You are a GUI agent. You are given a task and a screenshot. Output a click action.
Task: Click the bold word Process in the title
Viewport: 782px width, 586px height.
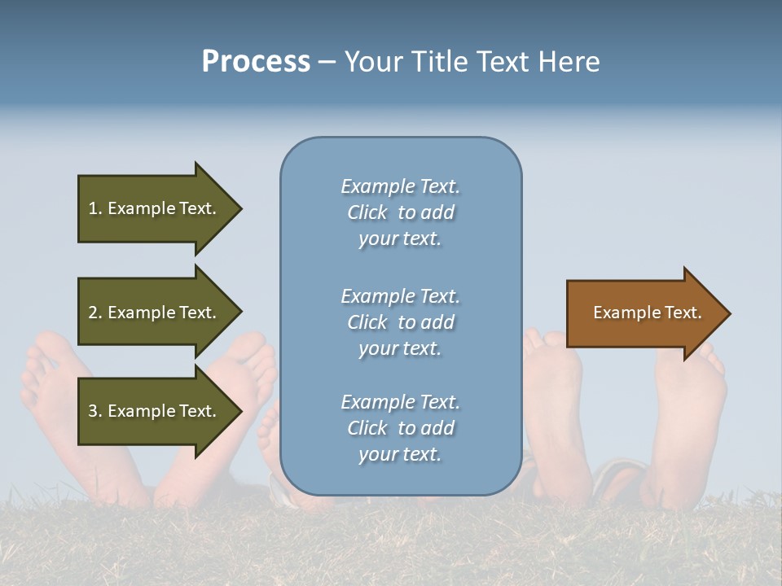[256, 62]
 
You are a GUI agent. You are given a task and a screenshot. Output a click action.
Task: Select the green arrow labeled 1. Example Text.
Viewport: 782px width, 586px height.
[155, 208]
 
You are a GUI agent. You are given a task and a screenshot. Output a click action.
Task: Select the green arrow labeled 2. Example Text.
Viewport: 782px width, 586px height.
[155, 313]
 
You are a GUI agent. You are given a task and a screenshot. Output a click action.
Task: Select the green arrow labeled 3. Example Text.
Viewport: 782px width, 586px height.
[155, 411]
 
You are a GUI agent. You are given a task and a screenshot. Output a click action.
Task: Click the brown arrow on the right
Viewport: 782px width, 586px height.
[644, 313]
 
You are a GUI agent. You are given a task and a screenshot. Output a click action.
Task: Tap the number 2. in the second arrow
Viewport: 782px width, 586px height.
[95, 313]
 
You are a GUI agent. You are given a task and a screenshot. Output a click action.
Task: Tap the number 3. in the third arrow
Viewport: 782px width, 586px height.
[95, 411]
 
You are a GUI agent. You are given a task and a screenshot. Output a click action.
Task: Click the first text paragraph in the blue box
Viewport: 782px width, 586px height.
[400, 212]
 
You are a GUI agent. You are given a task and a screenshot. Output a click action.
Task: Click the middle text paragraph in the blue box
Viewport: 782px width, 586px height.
[400, 322]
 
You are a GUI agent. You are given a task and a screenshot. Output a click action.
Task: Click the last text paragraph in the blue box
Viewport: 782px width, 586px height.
[400, 428]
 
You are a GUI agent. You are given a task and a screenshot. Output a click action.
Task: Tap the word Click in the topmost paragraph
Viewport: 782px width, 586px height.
[367, 212]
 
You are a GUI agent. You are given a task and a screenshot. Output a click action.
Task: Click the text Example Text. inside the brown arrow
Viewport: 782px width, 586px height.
[647, 313]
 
